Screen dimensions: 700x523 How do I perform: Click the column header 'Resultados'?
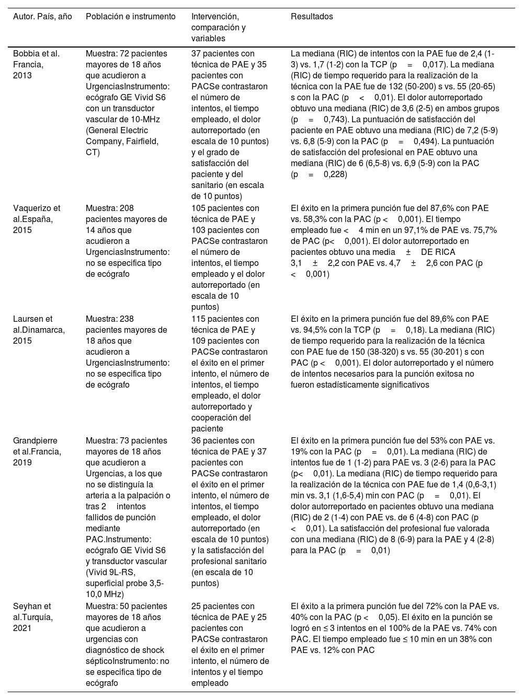[312, 17]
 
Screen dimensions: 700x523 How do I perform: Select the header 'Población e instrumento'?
[131, 17]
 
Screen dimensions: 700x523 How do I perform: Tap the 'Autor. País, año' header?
[42, 17]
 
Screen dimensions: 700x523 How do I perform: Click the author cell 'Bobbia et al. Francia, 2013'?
[36, 64]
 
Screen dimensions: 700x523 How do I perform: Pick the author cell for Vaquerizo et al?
[37, 219]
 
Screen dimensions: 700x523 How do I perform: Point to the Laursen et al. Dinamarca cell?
[39, 330]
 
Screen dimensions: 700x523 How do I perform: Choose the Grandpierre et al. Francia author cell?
[37, 451]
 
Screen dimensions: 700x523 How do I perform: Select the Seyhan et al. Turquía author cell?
[32, 617]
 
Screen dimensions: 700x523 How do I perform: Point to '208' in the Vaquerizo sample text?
[127, 208]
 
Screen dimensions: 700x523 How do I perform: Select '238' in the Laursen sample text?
[127, 319]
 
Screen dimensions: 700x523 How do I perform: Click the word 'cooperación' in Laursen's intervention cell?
[214, 418]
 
